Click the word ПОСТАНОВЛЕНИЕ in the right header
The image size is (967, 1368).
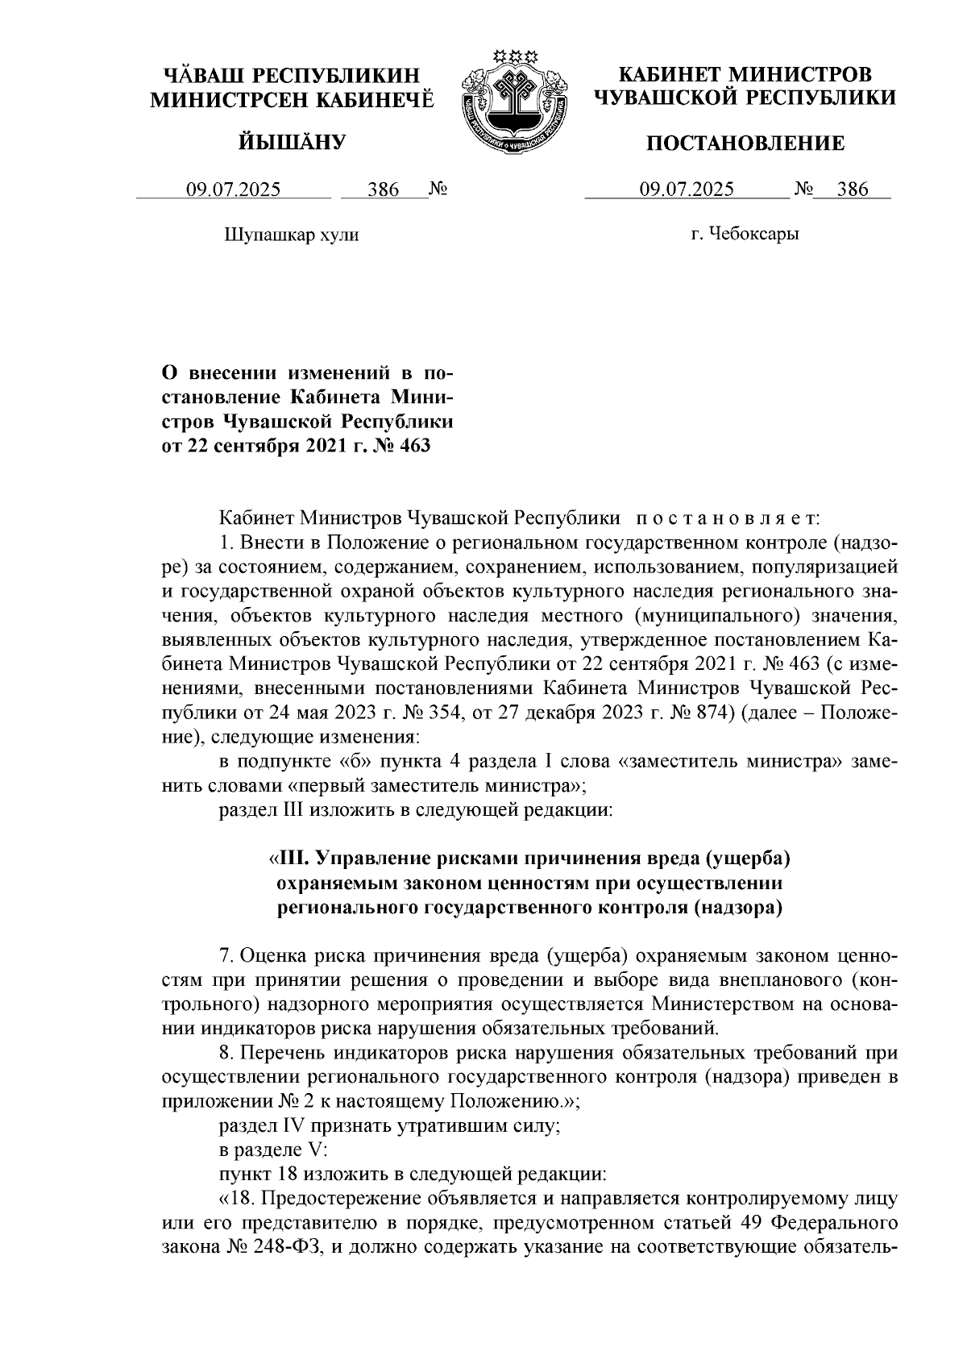pyautogui.click(x=746, y=143)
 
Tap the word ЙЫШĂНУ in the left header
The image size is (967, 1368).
pyautogui.click(x=292, y=143)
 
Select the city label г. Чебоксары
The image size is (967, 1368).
pyautogui.click(x=745, y=235)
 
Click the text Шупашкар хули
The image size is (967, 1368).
pyautogui.click(x=290, y=235)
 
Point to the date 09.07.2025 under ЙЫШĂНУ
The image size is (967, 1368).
pyautogui.click(x=234, y=190)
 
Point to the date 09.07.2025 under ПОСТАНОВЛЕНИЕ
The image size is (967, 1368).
pyautogui.click(x=687, y=190)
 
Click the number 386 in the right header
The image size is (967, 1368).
pyautogui.click(x=853, y=190)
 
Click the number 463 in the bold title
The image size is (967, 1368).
pyautogui.click(x=413, y=445)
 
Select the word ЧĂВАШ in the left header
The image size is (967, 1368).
pyautogui.click(x=204, y=75)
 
